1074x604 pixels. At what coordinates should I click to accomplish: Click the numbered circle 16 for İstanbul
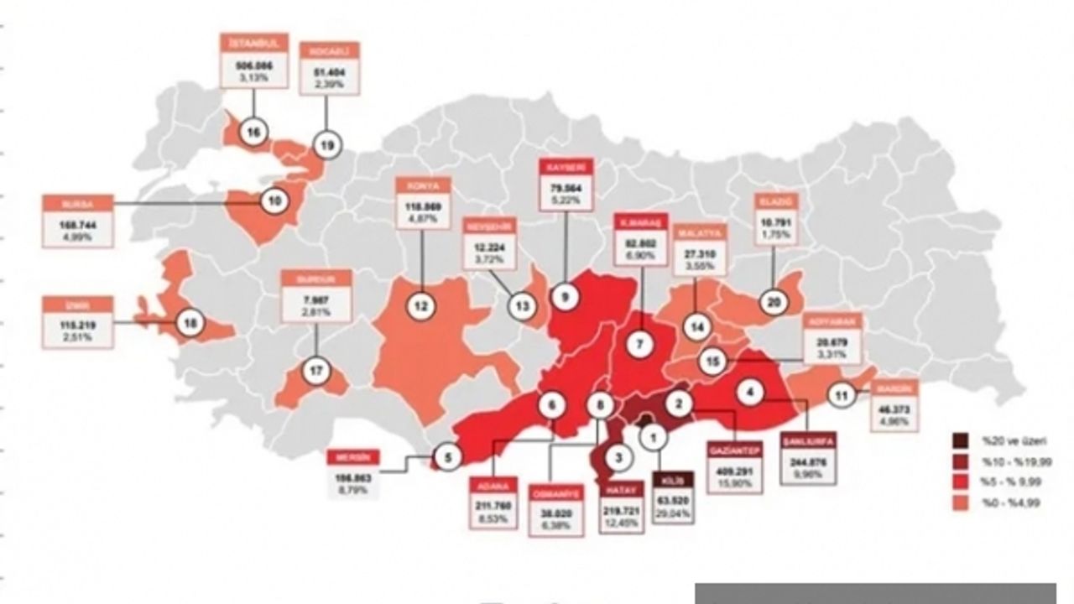253,132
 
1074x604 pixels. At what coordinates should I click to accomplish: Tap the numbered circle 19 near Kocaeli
326,144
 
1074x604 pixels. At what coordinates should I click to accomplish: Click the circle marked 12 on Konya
421,306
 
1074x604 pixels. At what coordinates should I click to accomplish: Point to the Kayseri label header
565,167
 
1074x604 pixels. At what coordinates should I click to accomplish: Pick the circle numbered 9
566,297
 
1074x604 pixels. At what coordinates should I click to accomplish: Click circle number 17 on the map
315,371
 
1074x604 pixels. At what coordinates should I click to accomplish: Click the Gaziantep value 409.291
734,471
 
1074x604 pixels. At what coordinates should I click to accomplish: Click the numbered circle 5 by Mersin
447,457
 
